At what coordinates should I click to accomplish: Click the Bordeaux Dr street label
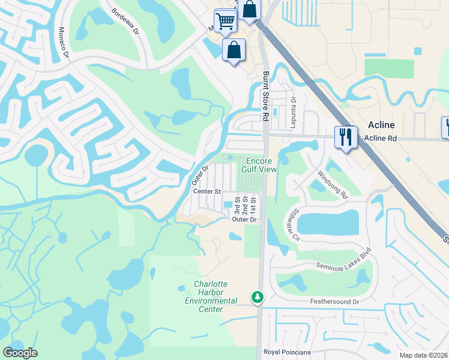pos(125,20)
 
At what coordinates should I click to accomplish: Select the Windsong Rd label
pos(333,184)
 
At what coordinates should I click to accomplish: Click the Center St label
pos(207,191)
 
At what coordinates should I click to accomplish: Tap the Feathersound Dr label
pos(334,301)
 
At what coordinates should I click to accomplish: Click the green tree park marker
pos(258,297)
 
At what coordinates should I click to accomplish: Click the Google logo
pos(20,352)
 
